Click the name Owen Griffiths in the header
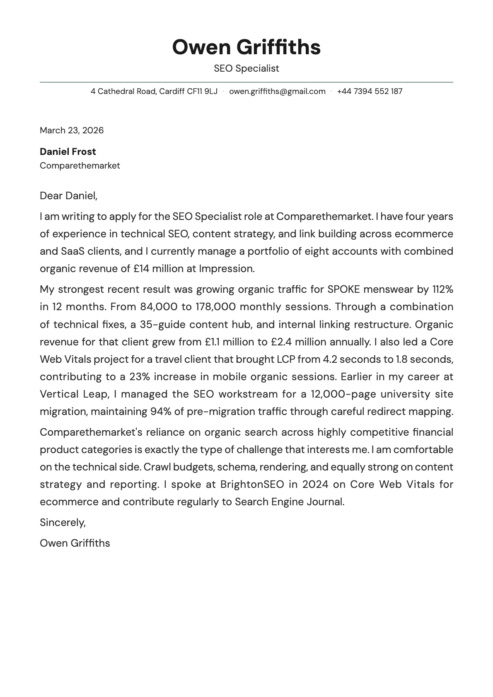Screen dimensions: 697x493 click(x=246, y=47)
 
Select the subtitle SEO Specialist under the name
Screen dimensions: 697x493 click(x=246, y=68)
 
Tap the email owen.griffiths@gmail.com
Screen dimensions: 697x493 click(x=277, y=91)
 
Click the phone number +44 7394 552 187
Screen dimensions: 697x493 click(x=370, y=91)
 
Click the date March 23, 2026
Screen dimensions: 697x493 click(x=72, y=130)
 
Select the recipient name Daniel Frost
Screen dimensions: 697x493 click(x=68, y=152)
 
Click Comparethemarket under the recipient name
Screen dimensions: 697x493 click(x=80, y=166)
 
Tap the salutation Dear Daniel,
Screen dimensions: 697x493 click(x=68, y=195)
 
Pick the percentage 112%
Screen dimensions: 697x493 click(x=442, y=289)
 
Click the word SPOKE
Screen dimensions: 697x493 click(x=343, y=289)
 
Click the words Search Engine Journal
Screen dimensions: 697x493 click(x=289, y=502)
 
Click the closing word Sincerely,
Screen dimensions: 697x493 click(x=63, y=523)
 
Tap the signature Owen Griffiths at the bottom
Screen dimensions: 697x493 click(x=75, y=543)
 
